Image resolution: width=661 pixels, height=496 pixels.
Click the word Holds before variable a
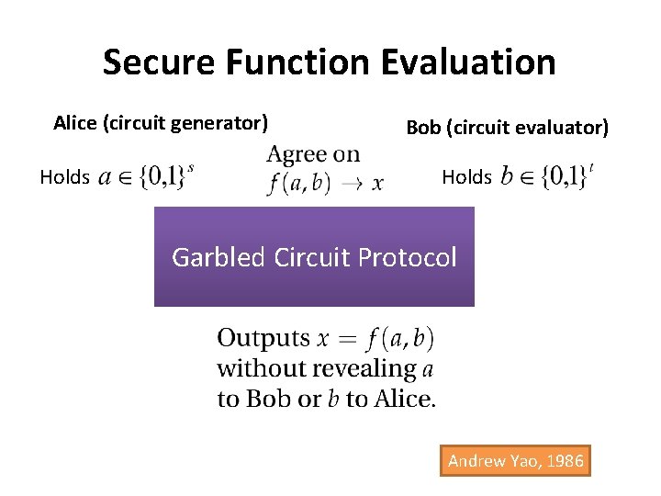point(64,177)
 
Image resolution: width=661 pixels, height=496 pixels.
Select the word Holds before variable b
point(466,177)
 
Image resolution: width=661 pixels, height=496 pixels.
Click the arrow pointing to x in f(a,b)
point(351,184)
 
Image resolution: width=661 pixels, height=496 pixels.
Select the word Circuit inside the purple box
point(310,257)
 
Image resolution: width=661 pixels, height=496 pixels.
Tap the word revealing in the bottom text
point(373,368)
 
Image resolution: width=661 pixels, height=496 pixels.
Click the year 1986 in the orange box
point(562,461)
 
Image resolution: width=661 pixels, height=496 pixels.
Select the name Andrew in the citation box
point(477,461)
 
